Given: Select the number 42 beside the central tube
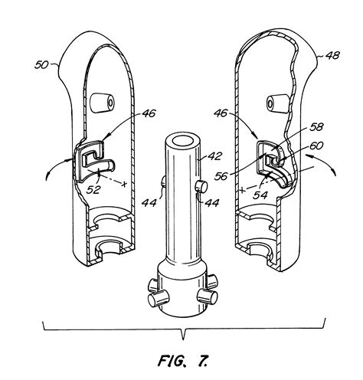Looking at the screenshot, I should tap(214, 156).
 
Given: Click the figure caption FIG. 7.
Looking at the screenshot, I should tap(182, 359).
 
